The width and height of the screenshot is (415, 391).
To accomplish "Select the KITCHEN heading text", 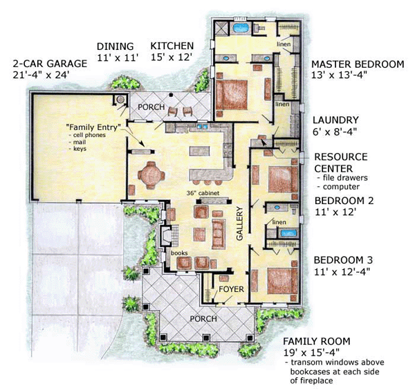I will click(x=172, y=46).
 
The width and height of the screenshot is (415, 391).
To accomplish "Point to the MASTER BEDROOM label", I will click(x=358, y=64).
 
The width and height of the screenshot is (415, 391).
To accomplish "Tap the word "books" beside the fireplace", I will click(x=180, y=253).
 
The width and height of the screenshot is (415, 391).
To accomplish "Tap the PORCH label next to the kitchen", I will click(x=150, y=108).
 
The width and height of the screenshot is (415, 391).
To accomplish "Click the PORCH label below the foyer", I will click(x=203, y=318).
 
